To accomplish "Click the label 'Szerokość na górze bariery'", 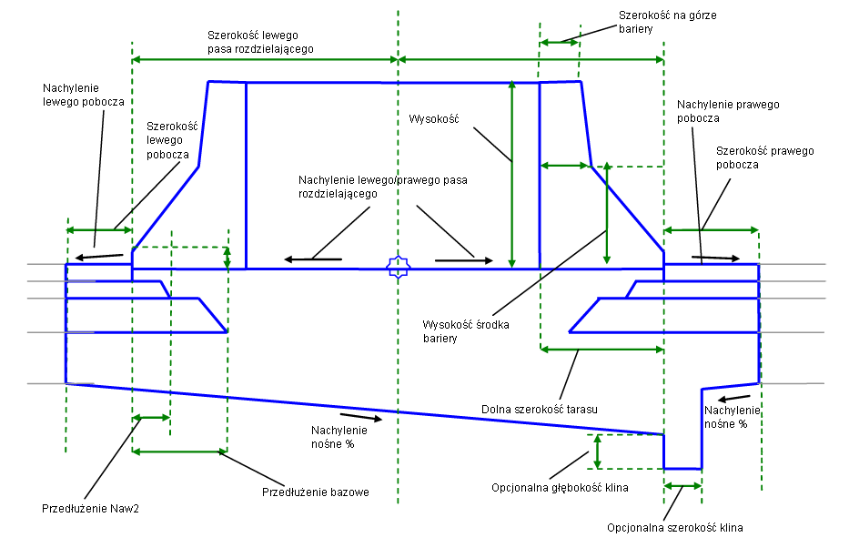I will pyautogui.click(x=652, y=22).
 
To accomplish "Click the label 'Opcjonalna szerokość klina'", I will pyautogui.click(x=682, y=527).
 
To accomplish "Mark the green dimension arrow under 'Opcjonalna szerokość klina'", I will pyautogui.click(x=682, y=487).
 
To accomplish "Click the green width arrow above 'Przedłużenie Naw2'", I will pyautogui.click(x=151, y=418).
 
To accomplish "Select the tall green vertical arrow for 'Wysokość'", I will pyautogui.click(x=512, y=173).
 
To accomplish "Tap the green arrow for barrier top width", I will pyautogui.click(x=559, y=41).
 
